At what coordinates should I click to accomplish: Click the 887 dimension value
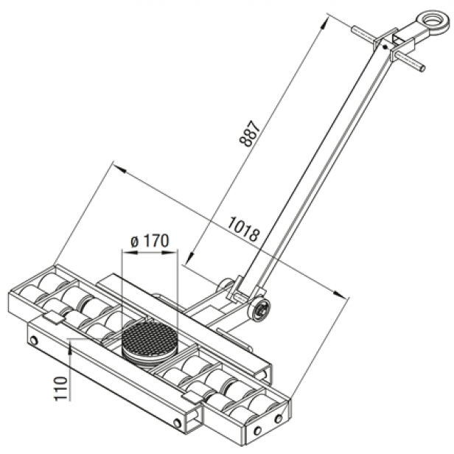[250, 133]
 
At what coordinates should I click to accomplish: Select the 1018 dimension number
[244, 228]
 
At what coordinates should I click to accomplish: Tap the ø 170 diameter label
[150, 241]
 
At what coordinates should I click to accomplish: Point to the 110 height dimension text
[61, 388]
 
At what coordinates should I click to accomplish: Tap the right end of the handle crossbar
[423, 68]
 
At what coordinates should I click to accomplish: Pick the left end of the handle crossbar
[354, 29]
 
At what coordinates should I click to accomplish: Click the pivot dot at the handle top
[385, 46]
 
